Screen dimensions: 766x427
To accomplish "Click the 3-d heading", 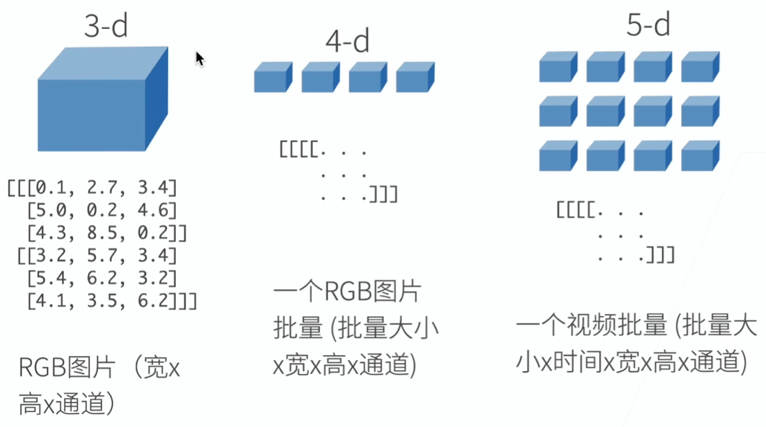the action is (x=106, y=26).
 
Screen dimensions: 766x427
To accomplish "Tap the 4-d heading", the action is (x=347, y=41).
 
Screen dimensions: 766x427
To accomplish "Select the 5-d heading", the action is (x=648, y=24).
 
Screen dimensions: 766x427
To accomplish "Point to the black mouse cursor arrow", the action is (x=200, y=59).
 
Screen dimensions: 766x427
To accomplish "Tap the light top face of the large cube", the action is (x=103, y=63).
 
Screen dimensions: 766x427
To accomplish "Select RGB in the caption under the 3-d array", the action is (x=42, y=368).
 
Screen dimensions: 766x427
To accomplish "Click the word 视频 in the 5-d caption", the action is (x=592, y=325).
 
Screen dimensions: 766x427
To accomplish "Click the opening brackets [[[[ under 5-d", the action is (x=576, y=210).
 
